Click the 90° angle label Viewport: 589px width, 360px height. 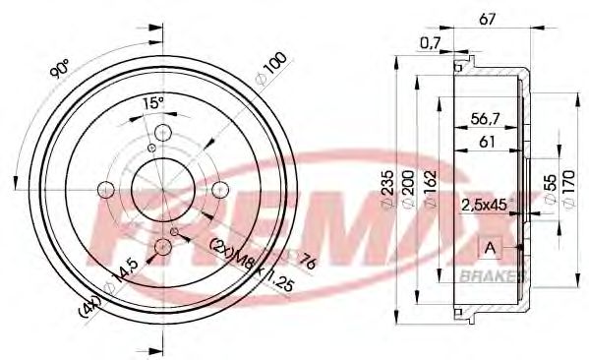pos(61,71)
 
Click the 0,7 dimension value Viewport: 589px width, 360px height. pos(429,42)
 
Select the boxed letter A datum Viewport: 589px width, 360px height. pos(488,246)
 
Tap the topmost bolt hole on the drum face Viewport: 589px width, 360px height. pos(162,135)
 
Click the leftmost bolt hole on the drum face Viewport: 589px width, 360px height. pos(106,189)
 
